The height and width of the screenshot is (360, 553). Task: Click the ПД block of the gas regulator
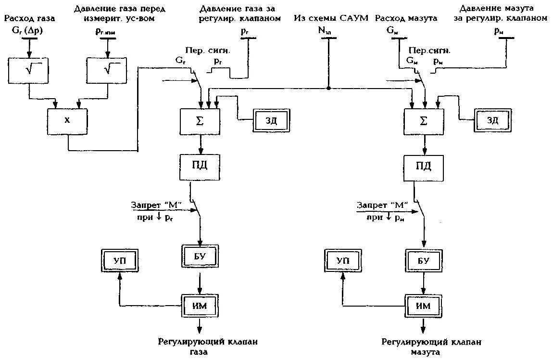coord(200,167)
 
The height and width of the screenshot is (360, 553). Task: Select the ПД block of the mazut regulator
coord(424,167)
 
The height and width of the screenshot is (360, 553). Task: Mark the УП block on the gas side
coord(120,260)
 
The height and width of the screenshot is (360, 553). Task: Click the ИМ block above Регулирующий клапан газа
coord(200,305)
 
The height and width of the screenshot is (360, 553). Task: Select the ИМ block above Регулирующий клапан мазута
coord(424,305)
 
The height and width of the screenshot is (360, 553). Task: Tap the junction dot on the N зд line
coord(328,88)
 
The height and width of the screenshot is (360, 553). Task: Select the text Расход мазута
coord(406,19)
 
